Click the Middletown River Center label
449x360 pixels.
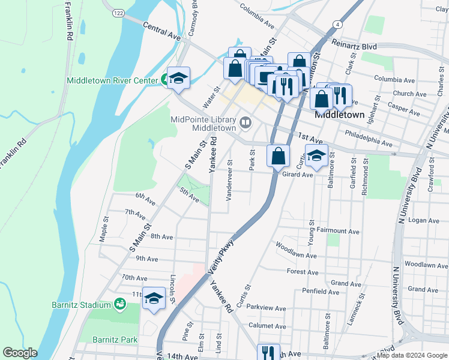[x=112, y=80]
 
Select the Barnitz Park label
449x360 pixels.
[x=115, y=340]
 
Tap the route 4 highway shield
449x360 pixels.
[x=338, y=24]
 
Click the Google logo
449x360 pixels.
[x=20, y=353]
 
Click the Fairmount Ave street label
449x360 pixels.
[x=337, y=231]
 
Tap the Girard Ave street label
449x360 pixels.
[x=298, y=175]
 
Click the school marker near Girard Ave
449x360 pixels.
[x=316, y=157]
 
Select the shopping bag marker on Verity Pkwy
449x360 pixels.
[x=278, y=157]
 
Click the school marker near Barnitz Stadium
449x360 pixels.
[x=154, y=299]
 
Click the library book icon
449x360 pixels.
[x=245, y=124]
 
